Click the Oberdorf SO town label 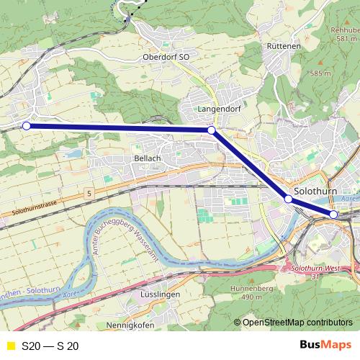pos(166,56)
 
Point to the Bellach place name pos(147,157)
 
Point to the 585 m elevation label pos(320,73)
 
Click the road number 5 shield pos(89,194)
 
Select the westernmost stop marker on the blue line pos(27,126)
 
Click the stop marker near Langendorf pos(211,130)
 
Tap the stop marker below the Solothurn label pos(288,199)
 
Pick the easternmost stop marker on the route pos(333,215)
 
